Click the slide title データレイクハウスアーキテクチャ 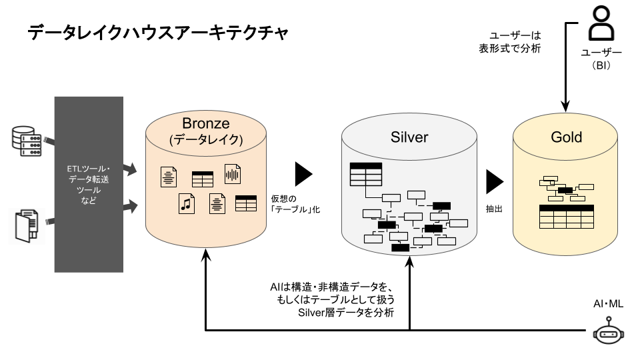(158, 33)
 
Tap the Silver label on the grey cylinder (409, 137)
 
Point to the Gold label (567, 137)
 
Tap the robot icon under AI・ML (607, 332)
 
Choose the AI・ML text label (608, 304)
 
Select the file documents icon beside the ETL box (27, 225)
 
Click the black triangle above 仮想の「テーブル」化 (304, 174)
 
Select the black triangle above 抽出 (495, 181)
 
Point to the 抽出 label (494, 209)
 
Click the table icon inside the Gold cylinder (566, 217)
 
